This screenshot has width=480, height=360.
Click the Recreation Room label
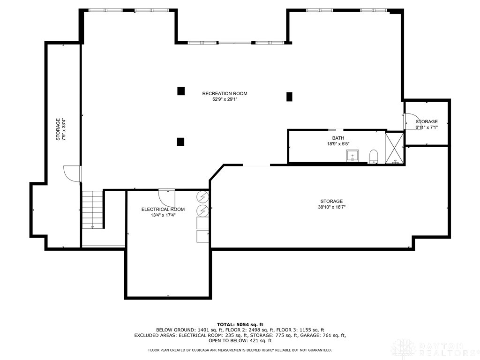(225, 93)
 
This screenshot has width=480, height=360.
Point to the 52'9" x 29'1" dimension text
(225, 99)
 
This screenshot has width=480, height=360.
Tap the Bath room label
(338, 138)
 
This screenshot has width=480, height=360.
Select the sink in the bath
(352, 156)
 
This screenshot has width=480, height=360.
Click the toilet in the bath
(374, 156)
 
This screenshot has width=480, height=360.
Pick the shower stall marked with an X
(394, 148)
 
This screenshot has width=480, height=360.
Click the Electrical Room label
(163, 210)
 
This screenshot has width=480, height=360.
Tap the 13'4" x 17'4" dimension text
(163, 216)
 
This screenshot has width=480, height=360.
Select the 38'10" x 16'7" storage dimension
(331, 207)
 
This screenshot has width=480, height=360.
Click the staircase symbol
(92, 210)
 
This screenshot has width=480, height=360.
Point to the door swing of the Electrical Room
(166, 195)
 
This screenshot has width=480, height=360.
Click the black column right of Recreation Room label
(289, 97)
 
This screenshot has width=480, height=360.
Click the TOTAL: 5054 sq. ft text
(240, 324)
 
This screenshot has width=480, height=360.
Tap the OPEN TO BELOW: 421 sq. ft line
(240, 341)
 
